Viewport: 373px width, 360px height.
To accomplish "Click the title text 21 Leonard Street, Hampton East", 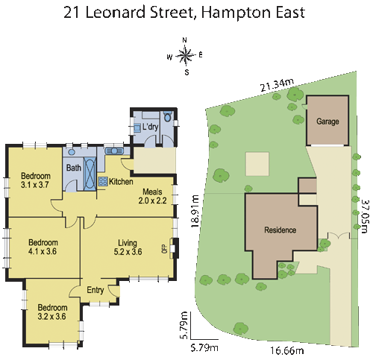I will [x=186, y=13].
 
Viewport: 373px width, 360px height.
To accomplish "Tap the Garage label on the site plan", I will [x=327, y=121].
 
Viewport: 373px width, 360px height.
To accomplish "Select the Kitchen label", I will [x=121, y=182].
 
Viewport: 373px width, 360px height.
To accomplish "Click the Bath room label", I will [x=74, y=168].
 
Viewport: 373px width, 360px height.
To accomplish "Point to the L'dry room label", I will [x=150, y=127].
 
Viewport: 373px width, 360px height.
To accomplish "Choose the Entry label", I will [x=95, y=291].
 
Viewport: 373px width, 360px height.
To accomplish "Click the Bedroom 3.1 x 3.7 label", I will [x=34, y=180].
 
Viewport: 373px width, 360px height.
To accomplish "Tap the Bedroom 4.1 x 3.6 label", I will [x=43, y=247].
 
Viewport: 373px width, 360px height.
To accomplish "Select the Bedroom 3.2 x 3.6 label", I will [x=52, y=312].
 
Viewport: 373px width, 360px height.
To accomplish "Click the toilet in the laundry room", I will [x=167, y=117].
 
